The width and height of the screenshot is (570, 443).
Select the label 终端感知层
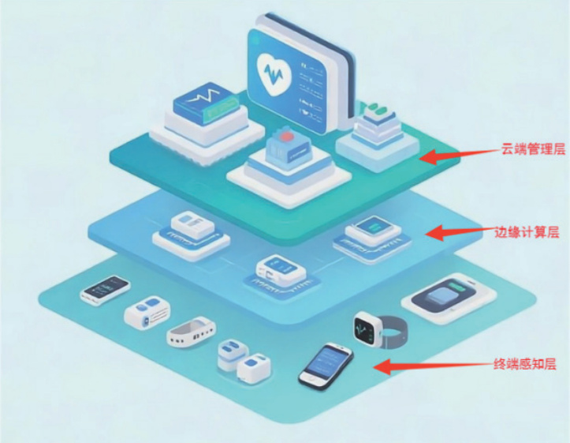(x=524, y=364)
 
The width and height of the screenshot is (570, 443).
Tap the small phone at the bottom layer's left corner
(x=105, y=290)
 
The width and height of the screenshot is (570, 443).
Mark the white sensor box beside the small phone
(x=147, y=314)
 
